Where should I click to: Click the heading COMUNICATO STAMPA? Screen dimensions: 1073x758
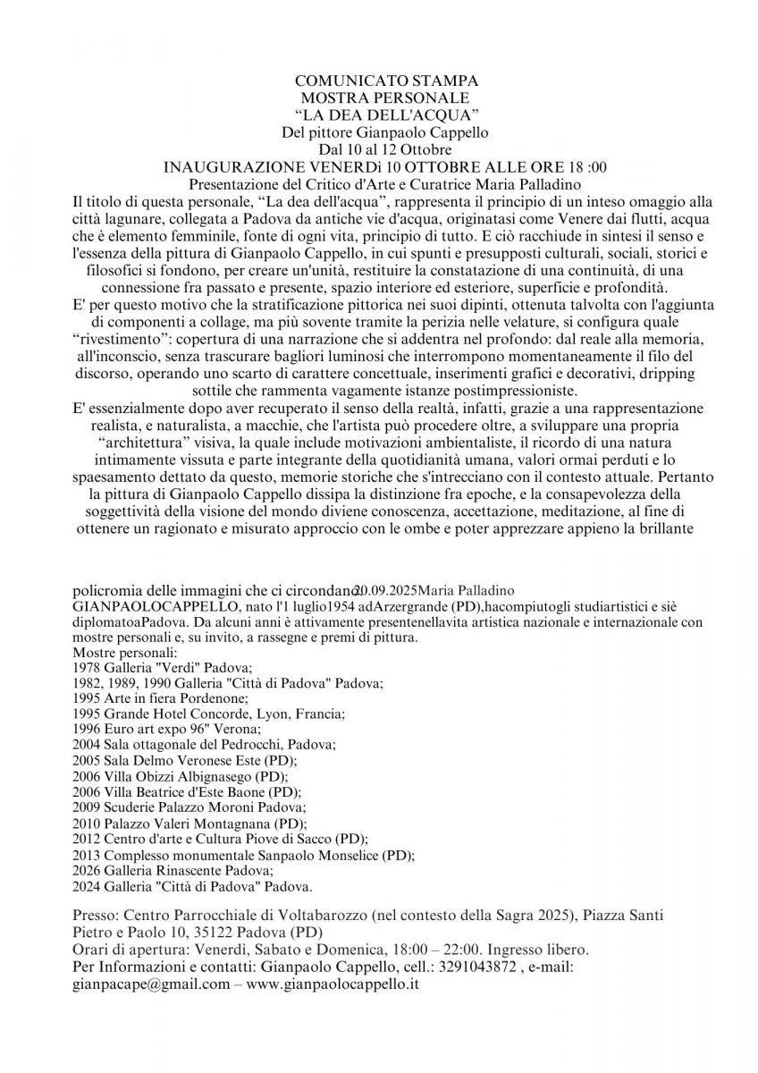[x=386, y=81]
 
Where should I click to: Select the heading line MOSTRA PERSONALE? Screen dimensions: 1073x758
[x=385, y=97]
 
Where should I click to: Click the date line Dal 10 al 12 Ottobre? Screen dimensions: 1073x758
[x=385, y=149]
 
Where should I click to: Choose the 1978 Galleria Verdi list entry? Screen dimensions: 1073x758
[x=164, y=668]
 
